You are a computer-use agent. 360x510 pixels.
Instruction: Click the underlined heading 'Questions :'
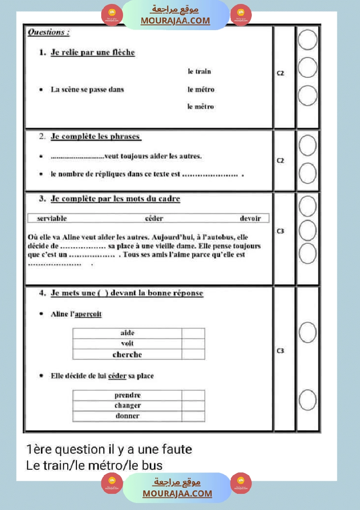(48, 32)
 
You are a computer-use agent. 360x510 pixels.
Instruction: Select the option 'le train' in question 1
(199, 72)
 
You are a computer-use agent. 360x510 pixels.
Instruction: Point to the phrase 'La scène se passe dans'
(87, 89)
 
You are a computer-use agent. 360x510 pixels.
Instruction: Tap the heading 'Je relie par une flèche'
(93, 52)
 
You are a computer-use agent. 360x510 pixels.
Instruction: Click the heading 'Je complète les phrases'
(96, 137)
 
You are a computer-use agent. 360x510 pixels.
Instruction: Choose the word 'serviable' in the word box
(52, 218)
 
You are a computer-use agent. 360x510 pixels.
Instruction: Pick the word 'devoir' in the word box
(250, 218)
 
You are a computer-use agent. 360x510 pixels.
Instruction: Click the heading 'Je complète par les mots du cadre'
(115, 199)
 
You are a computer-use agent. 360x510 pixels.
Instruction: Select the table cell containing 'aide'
(127, 333)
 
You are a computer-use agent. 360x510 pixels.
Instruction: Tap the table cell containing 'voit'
(127, 343)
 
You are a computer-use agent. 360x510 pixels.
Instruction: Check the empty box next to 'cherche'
(193, 354)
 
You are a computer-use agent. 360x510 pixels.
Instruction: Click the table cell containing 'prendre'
(127, 395)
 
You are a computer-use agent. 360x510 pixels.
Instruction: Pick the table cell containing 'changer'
(127, 406)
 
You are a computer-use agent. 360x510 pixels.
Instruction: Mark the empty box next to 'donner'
(193, 416)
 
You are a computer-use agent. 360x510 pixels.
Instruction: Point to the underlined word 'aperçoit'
(88, 314)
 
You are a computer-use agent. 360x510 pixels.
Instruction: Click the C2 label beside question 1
(281, 73)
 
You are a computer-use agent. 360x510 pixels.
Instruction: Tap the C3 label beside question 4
(281, 351)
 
